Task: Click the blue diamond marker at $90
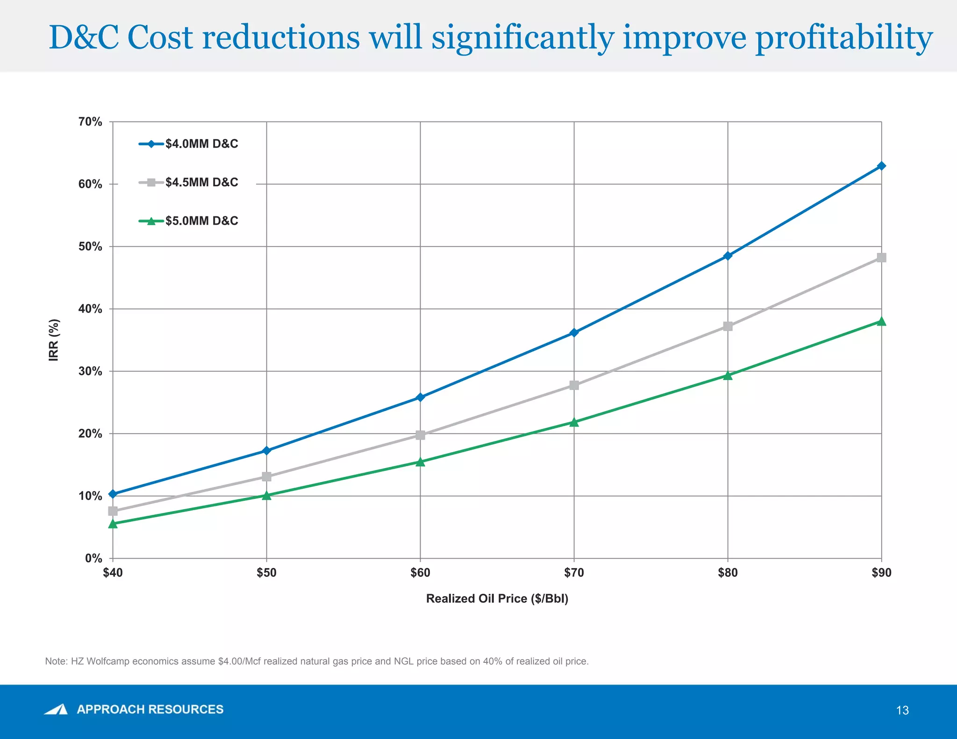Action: pyautogui.click(x=881, y=166)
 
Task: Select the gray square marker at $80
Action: pyautogui.click(x=728, y=326)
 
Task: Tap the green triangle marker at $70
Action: pyautogui.click(x=574, y=422)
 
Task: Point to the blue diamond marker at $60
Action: pyautogui.click(x=420, y=397)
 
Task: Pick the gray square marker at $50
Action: pyautogui.click(x=266, y=476)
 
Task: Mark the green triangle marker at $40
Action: pyautogui.click(x=113, y=524)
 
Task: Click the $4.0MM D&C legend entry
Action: pyautogui.click(x=201, y=144)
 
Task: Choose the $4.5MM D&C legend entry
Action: pyautogui.click(x=201, y=182)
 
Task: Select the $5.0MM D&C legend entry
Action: pyautogui.click(x=201, y=221)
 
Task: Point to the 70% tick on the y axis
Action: pyautogui.click(x=90, y=122)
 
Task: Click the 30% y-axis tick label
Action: pyautogui.click(x=90, y=371)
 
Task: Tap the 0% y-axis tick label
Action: pyautogui.click(x=93, y=559)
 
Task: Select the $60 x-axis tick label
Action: pyautogui.click(x=420, y=573)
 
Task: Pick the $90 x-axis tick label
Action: pyautogui.click(x=881, y=573)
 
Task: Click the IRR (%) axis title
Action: pyautogui.click(x=54, y=340)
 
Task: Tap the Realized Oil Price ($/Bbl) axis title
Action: pyautogui.click(x=497, y=599)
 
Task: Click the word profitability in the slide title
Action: pyautogui.click(x=844, y=38)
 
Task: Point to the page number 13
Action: pyautogui.click(x=902, y=711)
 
